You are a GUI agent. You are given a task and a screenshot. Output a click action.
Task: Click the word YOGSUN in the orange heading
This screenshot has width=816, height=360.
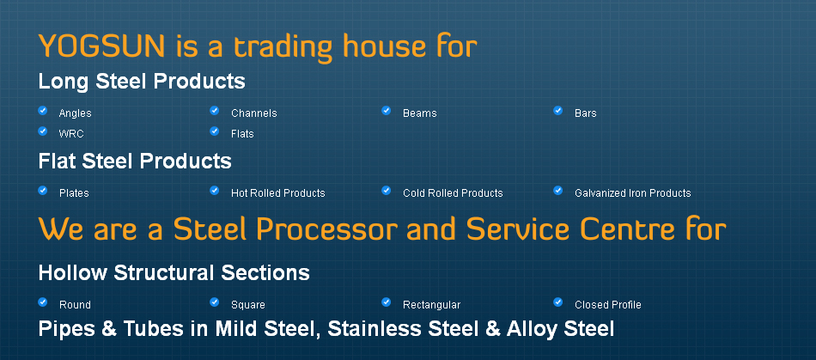point(102,46)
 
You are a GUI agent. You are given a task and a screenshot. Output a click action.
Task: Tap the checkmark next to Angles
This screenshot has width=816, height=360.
point(43,110)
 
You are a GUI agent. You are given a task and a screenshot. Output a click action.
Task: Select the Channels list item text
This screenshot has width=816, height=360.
point(254,113)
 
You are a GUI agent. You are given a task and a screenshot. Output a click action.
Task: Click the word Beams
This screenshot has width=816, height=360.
point(419,113)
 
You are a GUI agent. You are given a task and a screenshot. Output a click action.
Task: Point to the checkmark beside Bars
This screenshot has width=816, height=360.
point(557,110)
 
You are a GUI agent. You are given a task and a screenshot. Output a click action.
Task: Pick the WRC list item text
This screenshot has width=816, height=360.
point(71,134)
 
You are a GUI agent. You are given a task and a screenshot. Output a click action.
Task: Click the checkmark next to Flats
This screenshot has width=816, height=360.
point(215,131)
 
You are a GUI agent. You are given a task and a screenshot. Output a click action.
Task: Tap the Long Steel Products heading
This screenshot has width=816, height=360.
point(142,82)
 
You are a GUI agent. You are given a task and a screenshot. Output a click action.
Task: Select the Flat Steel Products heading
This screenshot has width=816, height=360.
point(135,162)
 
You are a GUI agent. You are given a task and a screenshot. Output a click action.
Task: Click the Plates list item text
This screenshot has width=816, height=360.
point(74,193)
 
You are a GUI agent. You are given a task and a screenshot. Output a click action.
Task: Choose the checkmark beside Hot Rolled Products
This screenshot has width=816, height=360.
point(215,191)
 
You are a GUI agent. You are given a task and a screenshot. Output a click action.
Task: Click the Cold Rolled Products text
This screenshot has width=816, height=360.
point(453,193)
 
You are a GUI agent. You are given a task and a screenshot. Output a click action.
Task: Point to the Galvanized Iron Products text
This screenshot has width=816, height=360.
point(633,193)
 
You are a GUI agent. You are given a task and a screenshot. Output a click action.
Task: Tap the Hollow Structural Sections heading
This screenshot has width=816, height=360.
point(174,273)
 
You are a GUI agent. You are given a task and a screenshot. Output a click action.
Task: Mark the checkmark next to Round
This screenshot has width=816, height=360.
point(43,302)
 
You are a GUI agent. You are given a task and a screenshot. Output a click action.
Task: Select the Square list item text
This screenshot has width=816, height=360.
point(247,305)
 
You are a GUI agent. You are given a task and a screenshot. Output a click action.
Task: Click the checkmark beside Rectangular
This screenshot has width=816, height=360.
point(387,302)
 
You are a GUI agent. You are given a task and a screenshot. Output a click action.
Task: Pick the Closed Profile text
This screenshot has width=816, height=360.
point(608,305)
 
